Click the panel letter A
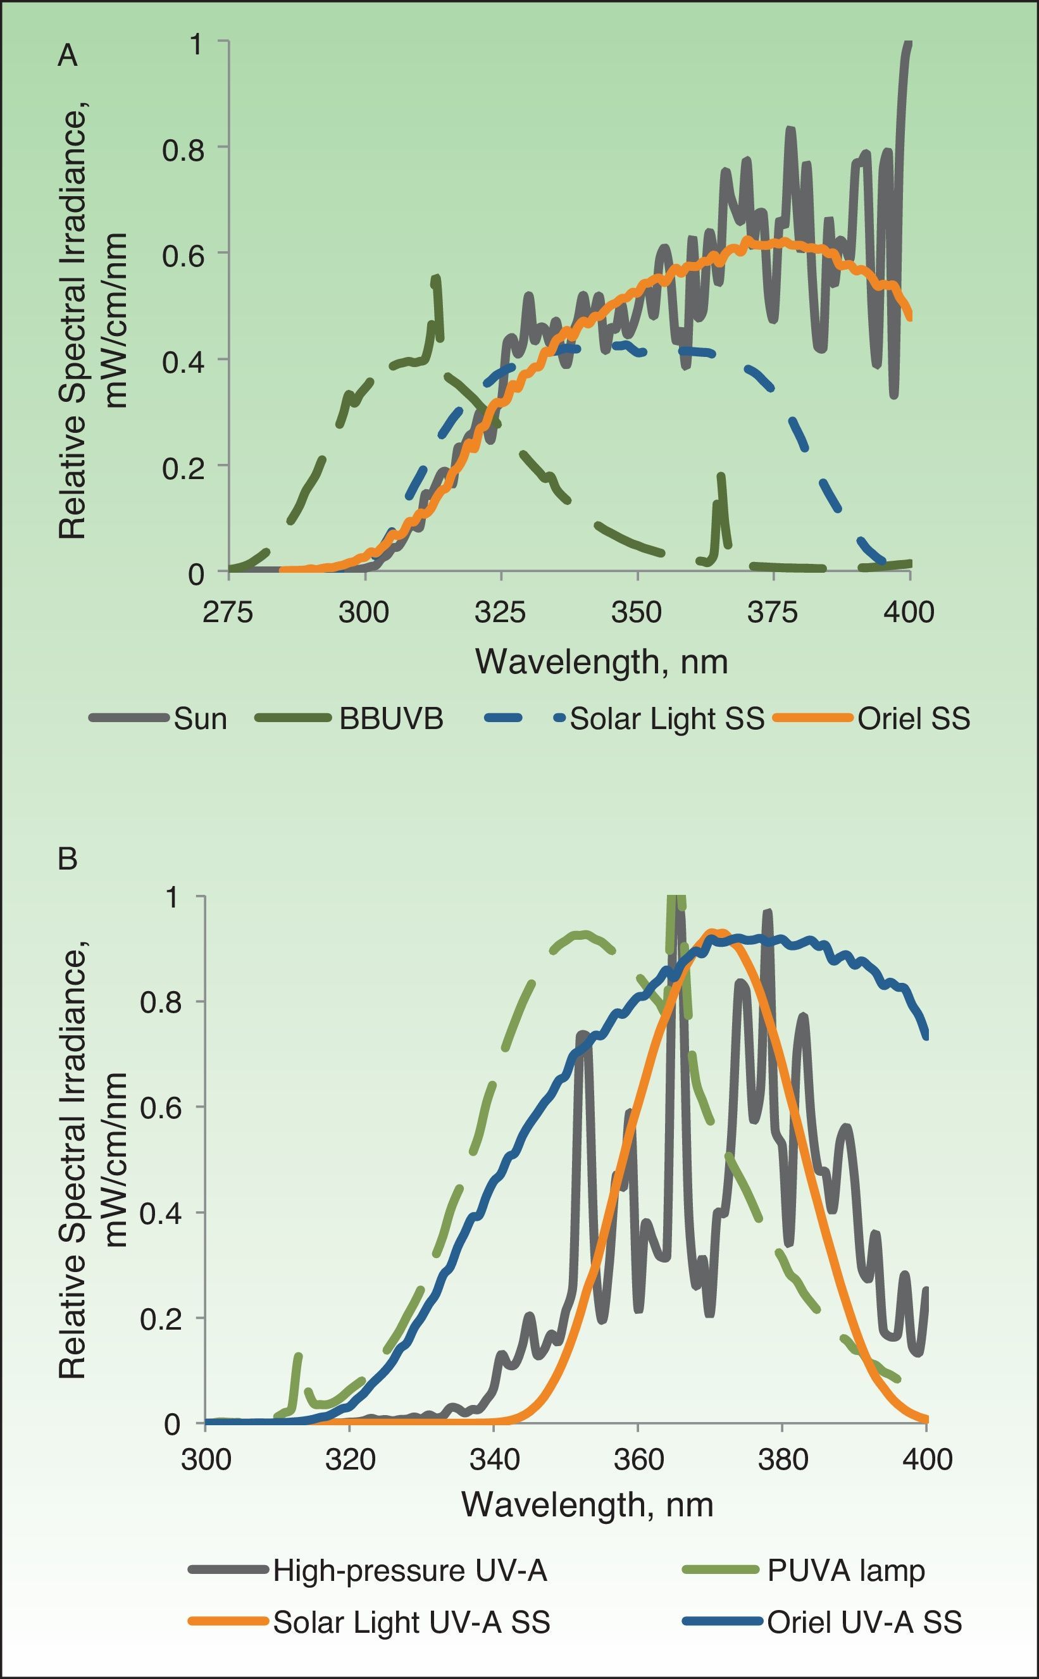point(67,56)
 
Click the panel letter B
point(67,858)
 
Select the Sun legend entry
point(200,719)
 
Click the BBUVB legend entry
point(391,719)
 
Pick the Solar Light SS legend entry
point(666,719)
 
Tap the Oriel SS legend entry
point(913,719)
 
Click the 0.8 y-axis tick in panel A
point(183,149)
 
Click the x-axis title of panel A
point(601,662)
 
